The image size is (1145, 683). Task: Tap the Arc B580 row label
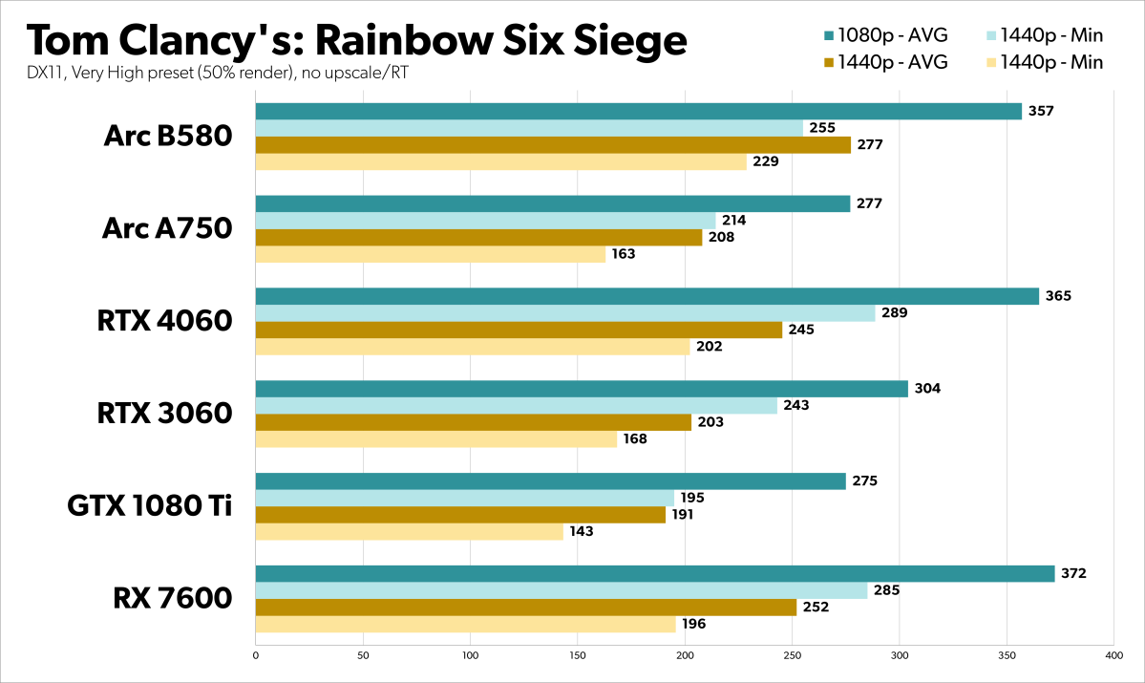tap(168, 137)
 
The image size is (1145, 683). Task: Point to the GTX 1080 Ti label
tap(150, 506)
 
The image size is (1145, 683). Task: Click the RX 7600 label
tap(173, 599)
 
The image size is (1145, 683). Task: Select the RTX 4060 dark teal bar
tap(647, 296)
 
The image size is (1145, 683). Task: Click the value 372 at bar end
tap(1074, 574)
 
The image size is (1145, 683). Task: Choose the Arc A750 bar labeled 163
tap(431, 254)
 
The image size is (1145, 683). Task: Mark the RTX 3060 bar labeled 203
tap(473, 422)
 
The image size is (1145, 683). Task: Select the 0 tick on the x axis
tap(256, 656)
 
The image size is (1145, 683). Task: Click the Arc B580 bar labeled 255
tap(529, 128)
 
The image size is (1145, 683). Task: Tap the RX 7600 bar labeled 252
tap(525, 608)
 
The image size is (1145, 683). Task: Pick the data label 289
tap(895, 312)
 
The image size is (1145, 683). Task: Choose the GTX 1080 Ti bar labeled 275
tap(550, 481)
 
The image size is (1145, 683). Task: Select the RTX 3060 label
tap(165, 414)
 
